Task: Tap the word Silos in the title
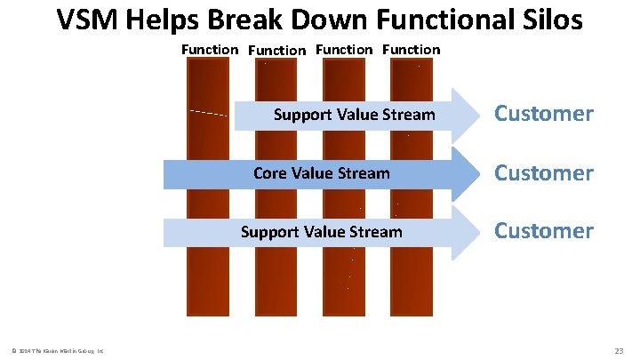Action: tap(549, 20)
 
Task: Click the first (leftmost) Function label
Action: tap(210, 50)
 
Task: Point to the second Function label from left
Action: tap(277, 51)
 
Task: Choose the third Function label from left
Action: tap(344, 50)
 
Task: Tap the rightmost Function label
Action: tap(411, 50)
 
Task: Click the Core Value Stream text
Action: tap(321, 173)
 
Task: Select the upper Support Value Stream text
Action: tap(354, 115)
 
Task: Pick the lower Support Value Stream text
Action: tap(322, 232)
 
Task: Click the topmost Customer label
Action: tap(543, 114)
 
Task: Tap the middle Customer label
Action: tap(543, 172)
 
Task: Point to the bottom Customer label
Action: tap(543, 231)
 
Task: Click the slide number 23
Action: tap(619, 351)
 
